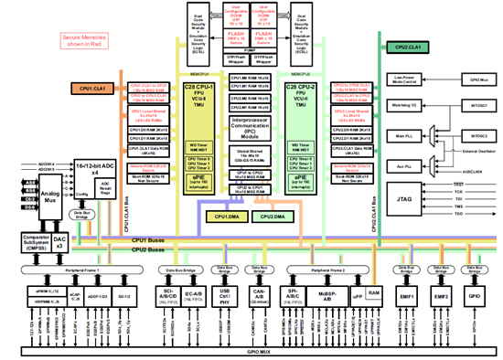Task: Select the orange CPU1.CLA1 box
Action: coord(91,89)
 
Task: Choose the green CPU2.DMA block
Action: coord(272,217)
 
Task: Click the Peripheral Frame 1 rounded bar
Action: coord(84,272)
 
